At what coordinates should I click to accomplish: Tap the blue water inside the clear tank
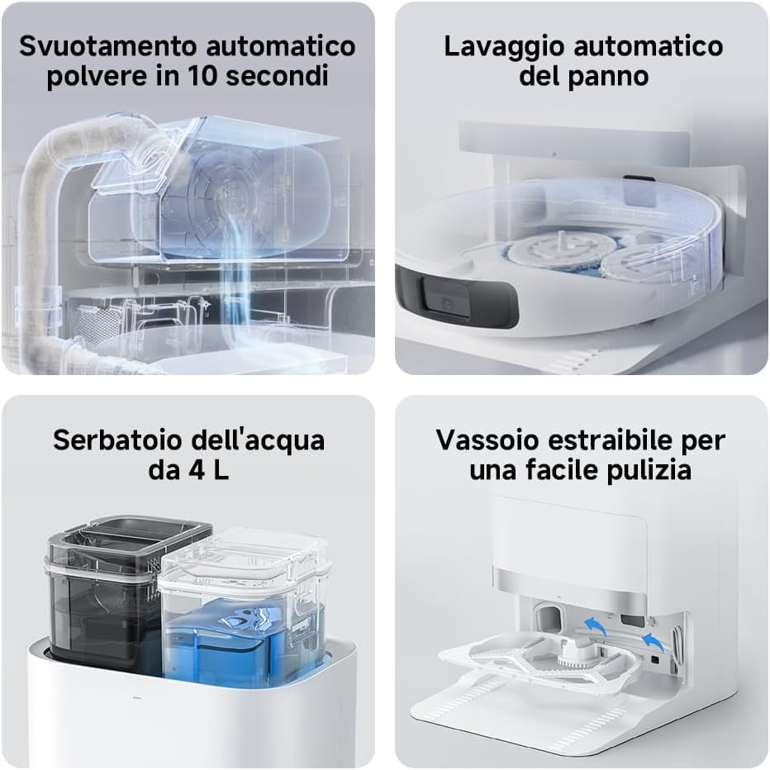(x=235, y=640)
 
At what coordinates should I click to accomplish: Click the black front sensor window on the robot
(x=447, y=297)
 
